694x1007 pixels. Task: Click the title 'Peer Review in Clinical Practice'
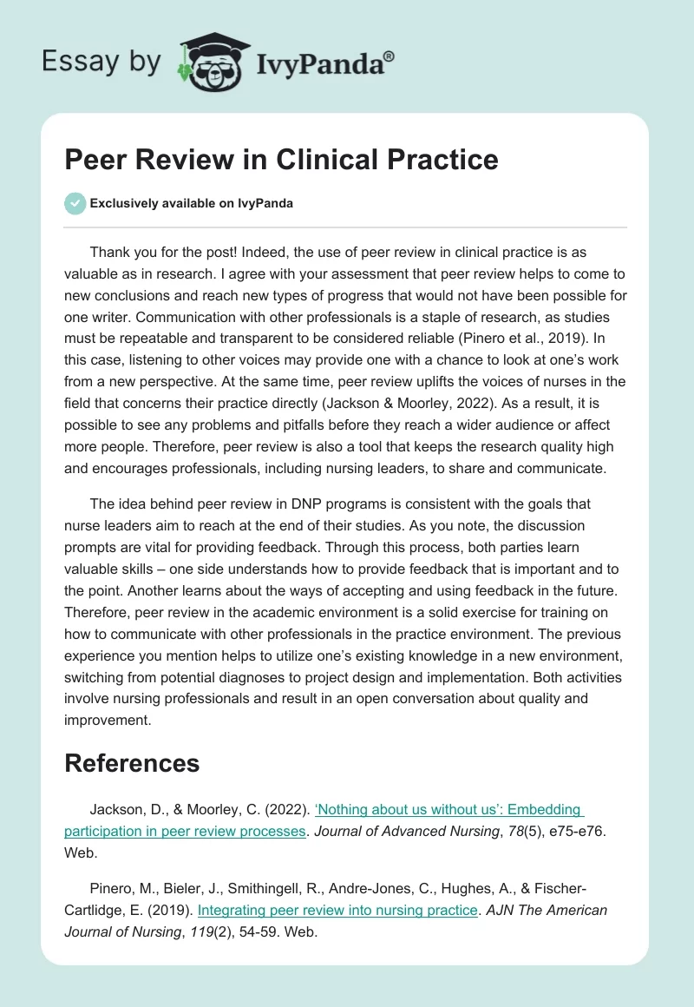(x=281, y=160)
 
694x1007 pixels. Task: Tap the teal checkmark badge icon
(x=75, y=203)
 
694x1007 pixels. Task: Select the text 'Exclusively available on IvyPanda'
(x=192, y=204)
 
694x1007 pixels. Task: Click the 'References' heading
(x=132, y=763)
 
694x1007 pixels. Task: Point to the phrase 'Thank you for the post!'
(x=159, y=252)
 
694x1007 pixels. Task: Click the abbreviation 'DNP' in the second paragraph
(x=313, y=503)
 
